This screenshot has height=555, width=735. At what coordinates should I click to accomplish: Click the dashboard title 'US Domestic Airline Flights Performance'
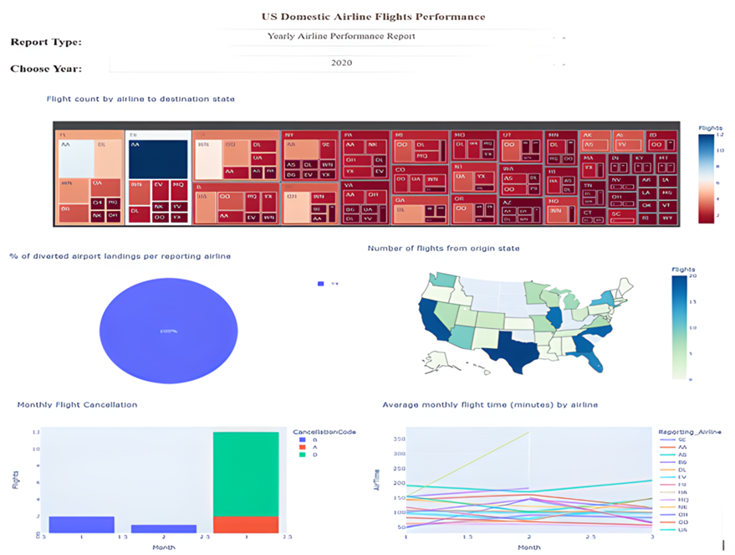click(373, 17)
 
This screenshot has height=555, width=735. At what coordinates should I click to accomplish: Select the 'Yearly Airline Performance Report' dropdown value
click(340, 37)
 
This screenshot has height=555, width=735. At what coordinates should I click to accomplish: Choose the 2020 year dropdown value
click(341, 63)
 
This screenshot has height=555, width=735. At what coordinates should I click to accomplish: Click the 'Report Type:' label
click(46, 43)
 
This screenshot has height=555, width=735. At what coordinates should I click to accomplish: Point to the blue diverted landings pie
click(168, 331)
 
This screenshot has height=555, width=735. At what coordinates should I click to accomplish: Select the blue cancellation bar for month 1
click(81, 525)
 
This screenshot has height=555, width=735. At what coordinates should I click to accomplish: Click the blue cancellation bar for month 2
click(163, 529)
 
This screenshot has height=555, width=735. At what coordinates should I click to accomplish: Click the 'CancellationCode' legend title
click(325, 432)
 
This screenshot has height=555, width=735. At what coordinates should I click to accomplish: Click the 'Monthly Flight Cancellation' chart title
click(77, 405)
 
